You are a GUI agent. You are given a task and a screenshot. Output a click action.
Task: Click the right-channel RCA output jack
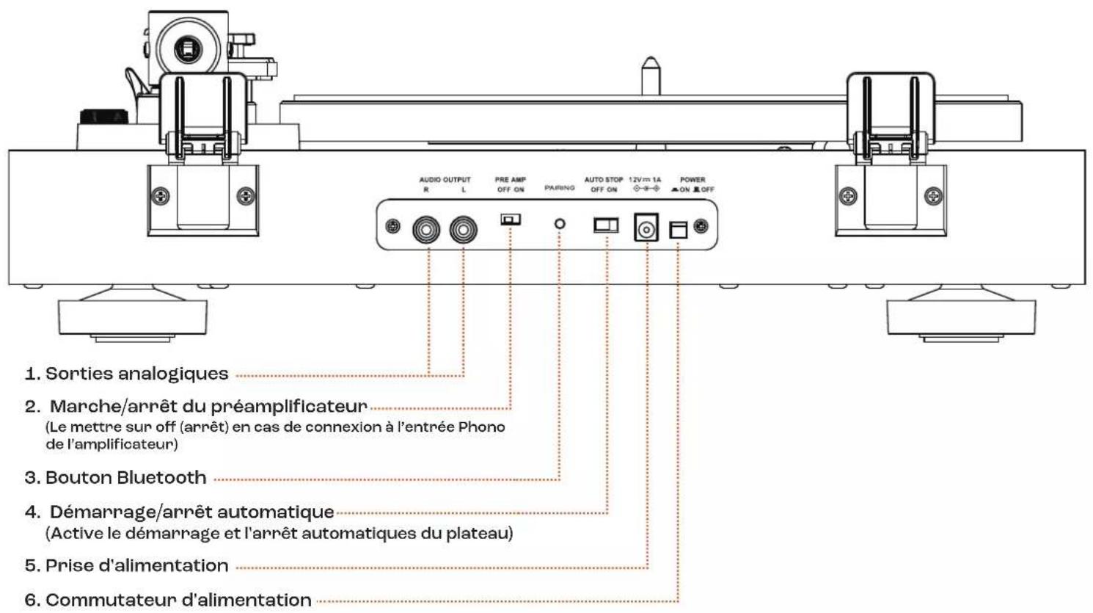click(x=426, y=230)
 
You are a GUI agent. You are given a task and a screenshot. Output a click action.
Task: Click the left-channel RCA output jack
click(x=463, y=230)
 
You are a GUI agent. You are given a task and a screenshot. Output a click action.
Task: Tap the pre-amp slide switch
click(x=511, y=220)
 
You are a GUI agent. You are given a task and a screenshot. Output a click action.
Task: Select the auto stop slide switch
click(x=606, y=225)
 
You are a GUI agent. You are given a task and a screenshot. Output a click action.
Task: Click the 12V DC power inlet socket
click(x=646, y=228)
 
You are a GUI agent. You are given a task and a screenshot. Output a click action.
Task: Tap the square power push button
click(x=679, y=230)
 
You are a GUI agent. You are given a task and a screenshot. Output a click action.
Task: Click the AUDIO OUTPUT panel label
click(x=445, y=180)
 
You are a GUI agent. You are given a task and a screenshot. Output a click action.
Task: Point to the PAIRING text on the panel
click(x=560, y=187)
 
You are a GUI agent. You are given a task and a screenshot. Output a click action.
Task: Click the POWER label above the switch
click(x=692, y=180)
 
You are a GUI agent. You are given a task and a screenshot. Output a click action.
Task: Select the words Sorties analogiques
click(x=136, y=374)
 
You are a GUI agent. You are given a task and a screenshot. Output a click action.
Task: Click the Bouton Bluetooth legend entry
click(x=126, y=477)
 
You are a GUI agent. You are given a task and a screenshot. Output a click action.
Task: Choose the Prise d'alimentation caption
click(x=136, y=565)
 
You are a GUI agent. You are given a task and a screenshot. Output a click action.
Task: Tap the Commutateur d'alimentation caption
click(x=178, y=600)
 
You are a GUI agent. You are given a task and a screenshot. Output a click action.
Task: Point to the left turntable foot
click(x=133, y=316)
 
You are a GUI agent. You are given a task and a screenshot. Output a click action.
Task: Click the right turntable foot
click(x=961, y=316)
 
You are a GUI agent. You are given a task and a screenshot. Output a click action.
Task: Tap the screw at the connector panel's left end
click(x=392, y=226)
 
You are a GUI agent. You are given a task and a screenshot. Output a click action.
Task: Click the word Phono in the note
click(x=481, y=427)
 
